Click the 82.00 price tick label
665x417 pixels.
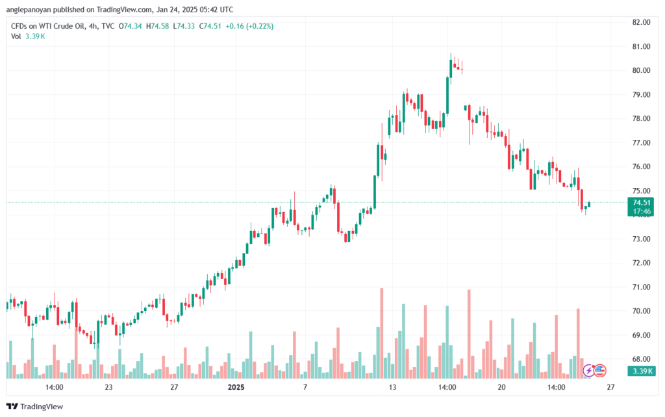pyautogui.click(x=641, y=22)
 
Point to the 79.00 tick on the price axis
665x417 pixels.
pyautogui.click(x=641, y=94)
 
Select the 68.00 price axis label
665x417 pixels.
pyautogui.click(x=641, y=359)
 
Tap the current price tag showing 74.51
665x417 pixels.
pyautogui.click(x=641, y=202)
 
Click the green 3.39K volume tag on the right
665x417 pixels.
pyautogui.click(x=641, y=371)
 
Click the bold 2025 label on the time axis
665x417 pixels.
pyautogui.click(x=236, y=387)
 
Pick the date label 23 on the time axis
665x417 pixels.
pyautogui.click(x=108, y=387)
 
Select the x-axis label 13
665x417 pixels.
pyautogui.click(x=392, y=387)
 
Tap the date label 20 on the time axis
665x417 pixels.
pyautogui.click(x=502, y=387)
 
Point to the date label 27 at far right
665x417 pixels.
pyautogui.click(x=610, y=387)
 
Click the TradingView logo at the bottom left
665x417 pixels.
pyautogui.click(x=35, y=407)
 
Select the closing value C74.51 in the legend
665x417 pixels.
pyautogui.click(x=210, y=26)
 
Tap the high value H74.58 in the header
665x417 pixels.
pyautogui.click(x=157, y=26)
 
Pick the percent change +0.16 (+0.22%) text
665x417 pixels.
pyautogui.click(x=249, y=26)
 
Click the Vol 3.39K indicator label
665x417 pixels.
pyautogui.click(x=28, y=36)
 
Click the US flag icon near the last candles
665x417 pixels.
pyautogui.click(x=599, y=370)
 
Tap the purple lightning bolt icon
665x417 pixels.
pyautogui.click(x=588, y=370)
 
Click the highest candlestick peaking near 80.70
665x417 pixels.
pyautogui.click(x=451, y=68)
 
